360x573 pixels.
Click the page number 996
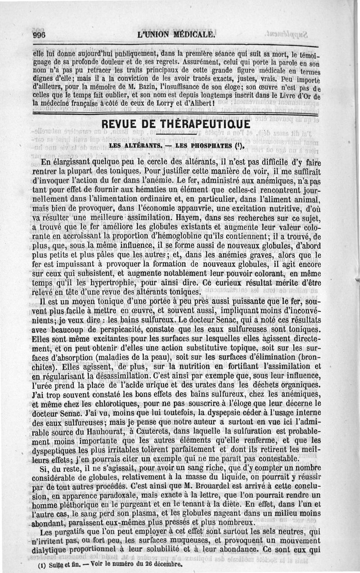point(40,36)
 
